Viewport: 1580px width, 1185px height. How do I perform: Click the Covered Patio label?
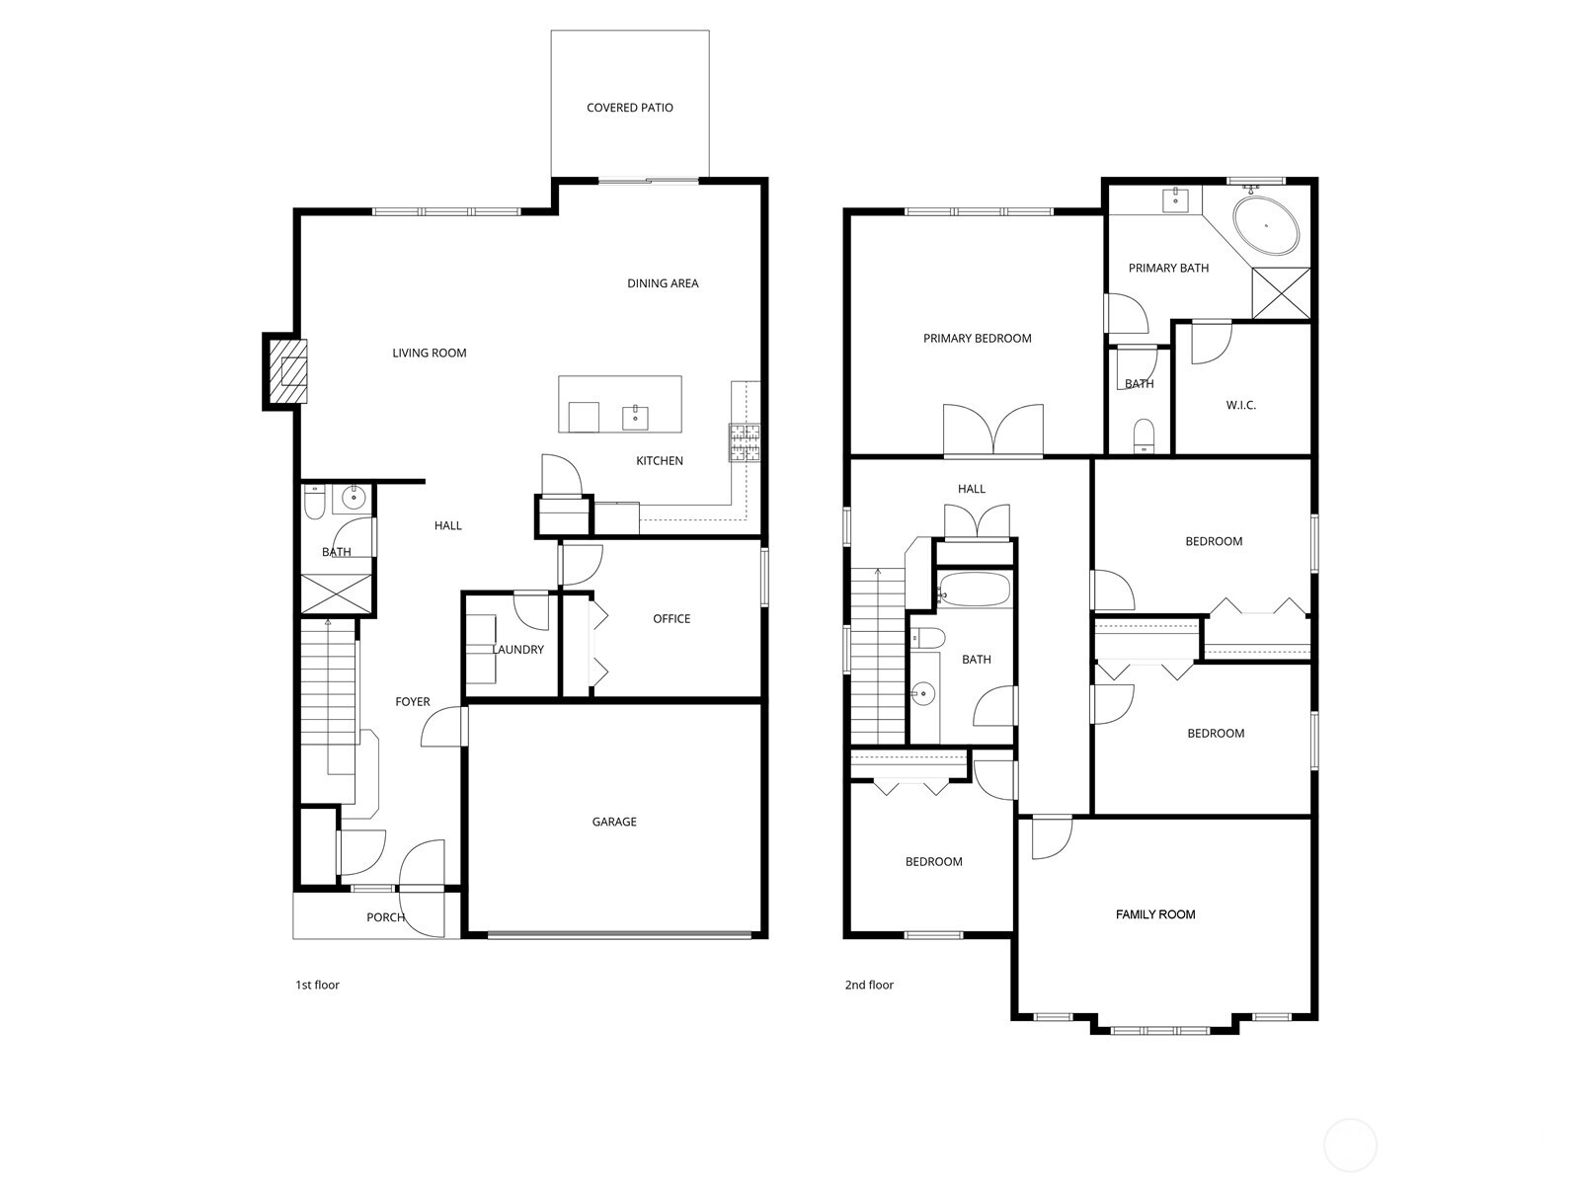click(630, 108)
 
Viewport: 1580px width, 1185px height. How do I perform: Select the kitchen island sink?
click(635, 417)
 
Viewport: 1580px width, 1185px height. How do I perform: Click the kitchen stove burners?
click(745, 442)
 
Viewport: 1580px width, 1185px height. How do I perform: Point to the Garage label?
click(614, 822)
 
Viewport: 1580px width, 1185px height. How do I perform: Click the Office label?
click(671, 619)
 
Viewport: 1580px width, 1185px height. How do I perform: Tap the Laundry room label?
click(518, 650)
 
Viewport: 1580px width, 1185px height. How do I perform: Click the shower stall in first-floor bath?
click(338, 593)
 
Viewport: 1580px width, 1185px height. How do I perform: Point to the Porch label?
click(385, 917)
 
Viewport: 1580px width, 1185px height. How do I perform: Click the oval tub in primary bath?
click(1266, 226)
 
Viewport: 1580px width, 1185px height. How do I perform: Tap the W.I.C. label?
click(1241, 405)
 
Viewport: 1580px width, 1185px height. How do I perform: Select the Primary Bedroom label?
click(977, 339)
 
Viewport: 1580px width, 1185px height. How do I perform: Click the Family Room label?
click(1155, 914)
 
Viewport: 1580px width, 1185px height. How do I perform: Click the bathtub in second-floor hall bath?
click(974, 590)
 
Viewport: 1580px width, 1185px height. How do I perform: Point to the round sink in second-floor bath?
click(923, 693)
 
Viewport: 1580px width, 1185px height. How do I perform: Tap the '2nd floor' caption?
click(869, 985)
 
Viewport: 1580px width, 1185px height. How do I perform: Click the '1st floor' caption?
click(317, 985)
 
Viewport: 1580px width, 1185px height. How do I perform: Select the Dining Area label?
click(663, 283)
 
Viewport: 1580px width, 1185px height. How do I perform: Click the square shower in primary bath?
click(1281, 292)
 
